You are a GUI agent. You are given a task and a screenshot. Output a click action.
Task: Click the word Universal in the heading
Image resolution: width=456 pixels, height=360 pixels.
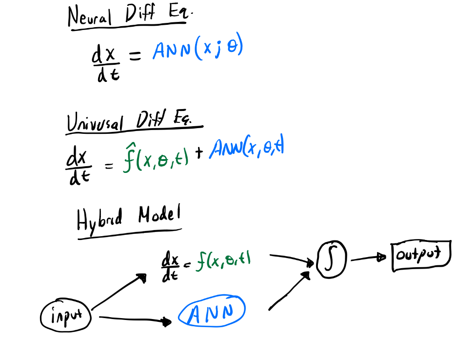94,123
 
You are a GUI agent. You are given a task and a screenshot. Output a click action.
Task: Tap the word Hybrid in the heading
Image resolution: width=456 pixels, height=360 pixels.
99,220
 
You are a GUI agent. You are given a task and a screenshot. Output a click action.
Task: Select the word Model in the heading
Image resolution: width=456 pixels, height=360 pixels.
159,217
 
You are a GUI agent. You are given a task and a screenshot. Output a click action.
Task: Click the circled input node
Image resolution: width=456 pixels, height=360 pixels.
65,315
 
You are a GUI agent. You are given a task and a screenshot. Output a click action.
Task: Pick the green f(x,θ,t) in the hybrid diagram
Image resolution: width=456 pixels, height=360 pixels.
224,261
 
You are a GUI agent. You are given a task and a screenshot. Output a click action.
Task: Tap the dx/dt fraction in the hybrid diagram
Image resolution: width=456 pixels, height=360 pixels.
170,267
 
